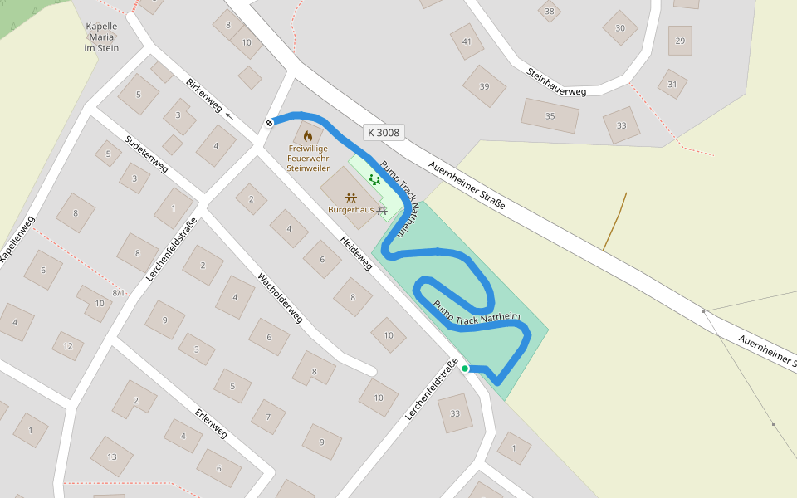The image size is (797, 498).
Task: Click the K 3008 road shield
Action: [383, 132]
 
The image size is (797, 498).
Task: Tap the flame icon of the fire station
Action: [308, 135]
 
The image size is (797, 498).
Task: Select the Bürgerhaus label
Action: [350, 210]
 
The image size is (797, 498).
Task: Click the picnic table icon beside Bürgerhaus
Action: [382, 211]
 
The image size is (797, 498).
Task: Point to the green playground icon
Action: [374, 178]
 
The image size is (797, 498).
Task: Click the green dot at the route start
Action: [465, 369]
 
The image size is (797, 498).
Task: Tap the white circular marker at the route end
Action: [270, 123]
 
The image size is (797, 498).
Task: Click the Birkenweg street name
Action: [204, 95]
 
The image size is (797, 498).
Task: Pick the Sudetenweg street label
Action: [145, 154]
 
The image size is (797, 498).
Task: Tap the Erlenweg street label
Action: [211, 423]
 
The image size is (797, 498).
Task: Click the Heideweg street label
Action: [356, 252]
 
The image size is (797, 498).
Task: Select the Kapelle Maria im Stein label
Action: [101, 37]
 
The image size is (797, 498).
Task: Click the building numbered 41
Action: [467, 41]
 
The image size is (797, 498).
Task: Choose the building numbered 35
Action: [550, 116]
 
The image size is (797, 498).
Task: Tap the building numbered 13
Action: [112, 456]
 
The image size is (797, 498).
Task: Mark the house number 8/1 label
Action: [119, 292]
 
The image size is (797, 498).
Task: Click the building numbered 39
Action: [484, 86]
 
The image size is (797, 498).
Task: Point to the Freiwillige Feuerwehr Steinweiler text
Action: [308, 158]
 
